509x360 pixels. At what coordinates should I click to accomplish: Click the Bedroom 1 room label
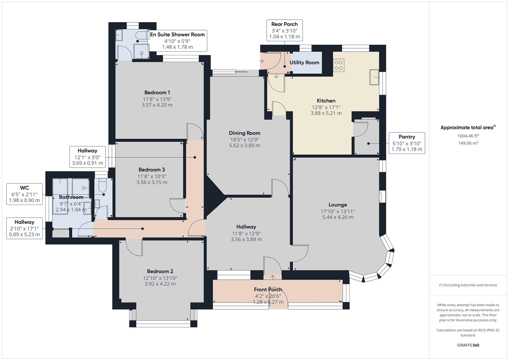tap(157, 93)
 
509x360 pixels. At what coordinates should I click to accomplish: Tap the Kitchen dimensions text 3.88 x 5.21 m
tap(326, 113)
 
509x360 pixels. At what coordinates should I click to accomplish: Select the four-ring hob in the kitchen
tap(339, 65)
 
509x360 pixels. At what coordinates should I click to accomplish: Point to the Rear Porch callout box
tap(284, 30)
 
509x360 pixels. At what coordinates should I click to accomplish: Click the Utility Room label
tap(304, 63)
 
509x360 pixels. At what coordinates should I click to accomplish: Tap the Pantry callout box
tap(407, 143)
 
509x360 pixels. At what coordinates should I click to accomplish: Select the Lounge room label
tap(338, 205)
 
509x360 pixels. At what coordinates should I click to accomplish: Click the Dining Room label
tap(245, 133)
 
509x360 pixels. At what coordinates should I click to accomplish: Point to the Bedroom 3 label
tap(152, 170)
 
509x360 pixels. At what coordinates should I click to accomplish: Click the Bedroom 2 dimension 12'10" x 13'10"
tap(160, 278)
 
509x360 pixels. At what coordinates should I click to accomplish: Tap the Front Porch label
tap(268, 290)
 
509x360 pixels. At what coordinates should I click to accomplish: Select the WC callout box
tap(25, 194)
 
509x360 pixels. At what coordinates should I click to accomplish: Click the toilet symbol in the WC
tap(102, 185)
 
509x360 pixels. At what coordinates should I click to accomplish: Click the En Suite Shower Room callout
tap(177, 41)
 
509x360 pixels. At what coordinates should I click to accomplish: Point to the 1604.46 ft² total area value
tap(468, 136)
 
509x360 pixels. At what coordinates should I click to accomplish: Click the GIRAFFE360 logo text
tap(468, 345)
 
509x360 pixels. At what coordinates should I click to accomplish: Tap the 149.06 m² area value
tap(468, 143)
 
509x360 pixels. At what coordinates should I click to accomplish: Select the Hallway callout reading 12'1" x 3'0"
tap(87, 157)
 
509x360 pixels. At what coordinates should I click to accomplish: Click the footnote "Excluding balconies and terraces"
tap(470, 285)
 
